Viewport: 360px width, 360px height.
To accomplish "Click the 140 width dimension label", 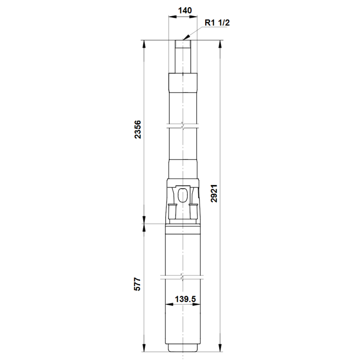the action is click(185, 10).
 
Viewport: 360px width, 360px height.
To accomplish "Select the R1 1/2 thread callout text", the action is click(217, 23).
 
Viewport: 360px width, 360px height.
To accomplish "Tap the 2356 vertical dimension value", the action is click(138, 129).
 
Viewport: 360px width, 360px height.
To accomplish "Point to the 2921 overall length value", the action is click(214, 193).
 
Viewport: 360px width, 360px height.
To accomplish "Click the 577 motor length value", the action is click(137, 284).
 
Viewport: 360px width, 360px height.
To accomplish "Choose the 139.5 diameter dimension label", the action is click(185, 299).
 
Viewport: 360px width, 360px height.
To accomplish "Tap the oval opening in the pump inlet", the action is click(183, 195).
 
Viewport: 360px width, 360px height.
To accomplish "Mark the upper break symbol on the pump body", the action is click(183, 126).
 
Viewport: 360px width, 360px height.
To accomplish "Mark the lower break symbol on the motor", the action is click(182, 277).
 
